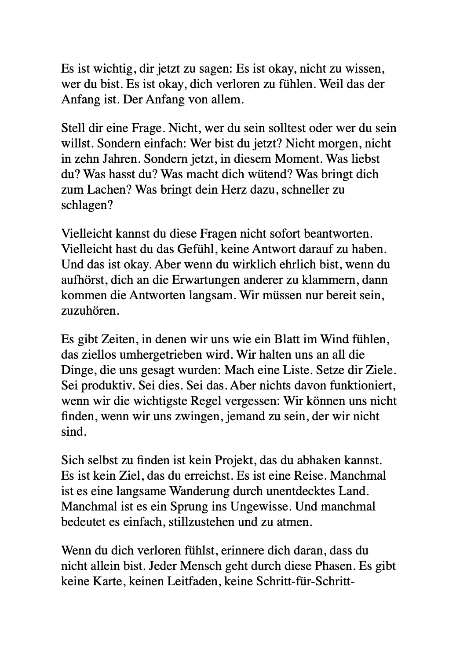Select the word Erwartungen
[208, 280]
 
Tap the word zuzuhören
[84, 311]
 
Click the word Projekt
[235, 461]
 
